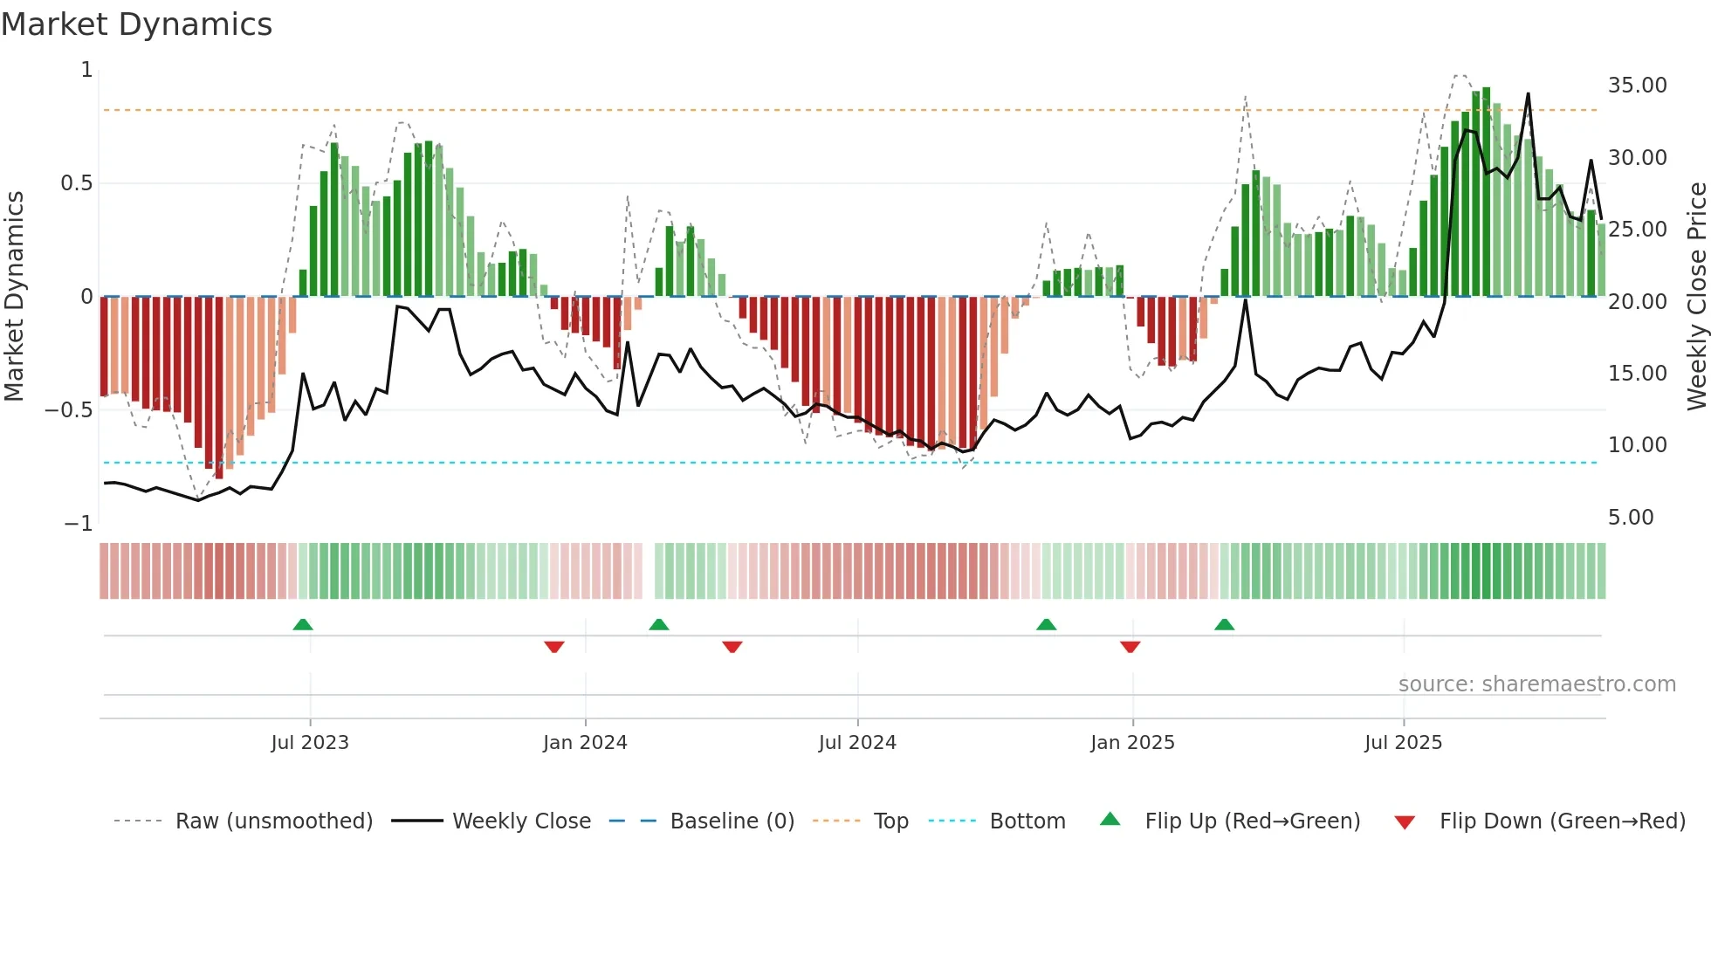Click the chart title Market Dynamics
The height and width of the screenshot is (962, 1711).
tap(136, 24)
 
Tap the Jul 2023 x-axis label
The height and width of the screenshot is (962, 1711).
tap(309, 743)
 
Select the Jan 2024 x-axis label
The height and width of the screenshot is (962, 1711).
tap(585, 743)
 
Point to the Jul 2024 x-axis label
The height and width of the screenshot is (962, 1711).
tap(857, 743)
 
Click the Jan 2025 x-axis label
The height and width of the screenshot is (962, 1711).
tap(1132, 743)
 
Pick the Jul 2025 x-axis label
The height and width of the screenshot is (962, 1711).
tap(1403, 743)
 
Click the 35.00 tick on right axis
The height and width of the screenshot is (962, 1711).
tap(1637, 86)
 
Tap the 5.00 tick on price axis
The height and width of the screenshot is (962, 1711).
tap(1631, 518)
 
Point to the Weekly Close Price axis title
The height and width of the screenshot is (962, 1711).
tap(1696, 297)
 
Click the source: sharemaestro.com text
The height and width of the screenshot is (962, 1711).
tap(1536, 684)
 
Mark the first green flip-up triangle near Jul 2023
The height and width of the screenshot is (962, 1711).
tap(303, 624)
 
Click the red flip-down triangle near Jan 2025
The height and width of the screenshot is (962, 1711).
tap(1130, 647)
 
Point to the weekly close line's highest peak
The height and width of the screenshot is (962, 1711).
tap(1528, 94)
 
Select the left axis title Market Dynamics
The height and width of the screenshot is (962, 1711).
tap(14, 297)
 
